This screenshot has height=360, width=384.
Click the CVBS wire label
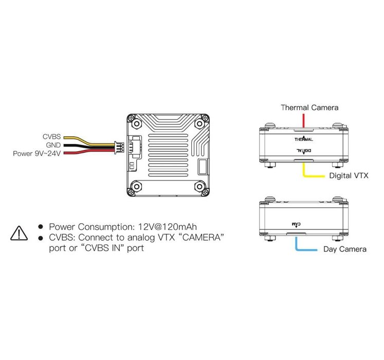pos(51,137)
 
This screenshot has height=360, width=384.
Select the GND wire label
pos(53,145)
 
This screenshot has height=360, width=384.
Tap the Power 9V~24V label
pos(37,153)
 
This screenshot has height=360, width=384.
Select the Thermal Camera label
pos(309,107)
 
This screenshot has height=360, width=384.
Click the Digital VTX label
pos(349,175)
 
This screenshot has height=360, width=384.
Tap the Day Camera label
pos(345,249)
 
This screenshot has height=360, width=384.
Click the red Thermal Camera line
pos(304,120)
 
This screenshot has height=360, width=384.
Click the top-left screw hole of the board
pos(136,124)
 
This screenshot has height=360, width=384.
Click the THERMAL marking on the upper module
pos(304,139)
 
